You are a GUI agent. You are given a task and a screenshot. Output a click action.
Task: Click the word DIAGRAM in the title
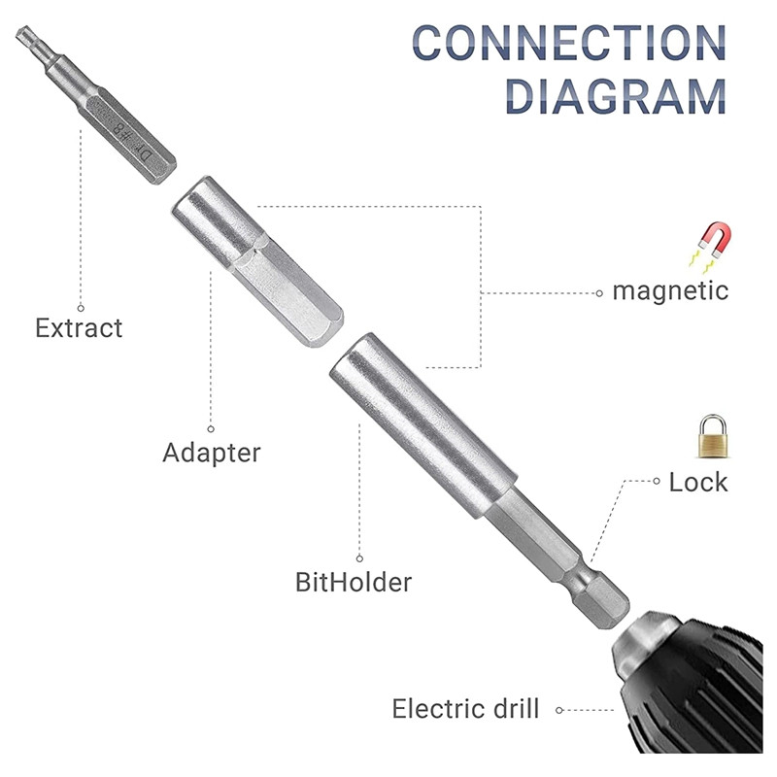click(617, 95)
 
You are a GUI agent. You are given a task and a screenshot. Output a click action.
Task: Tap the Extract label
click(79, 327)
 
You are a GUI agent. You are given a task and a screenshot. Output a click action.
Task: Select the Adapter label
click(212, 453)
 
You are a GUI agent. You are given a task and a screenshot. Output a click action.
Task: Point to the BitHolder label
click(354, 583)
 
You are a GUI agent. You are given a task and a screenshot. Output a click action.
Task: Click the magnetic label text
click(669, 289)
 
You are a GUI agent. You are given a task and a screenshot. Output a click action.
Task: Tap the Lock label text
click(697, 482)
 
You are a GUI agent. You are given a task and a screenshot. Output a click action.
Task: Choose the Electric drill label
click(464, 709)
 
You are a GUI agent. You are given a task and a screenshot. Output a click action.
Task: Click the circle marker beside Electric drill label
click(559, 710)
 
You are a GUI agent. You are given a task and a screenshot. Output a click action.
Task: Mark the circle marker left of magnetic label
click(598, 290)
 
